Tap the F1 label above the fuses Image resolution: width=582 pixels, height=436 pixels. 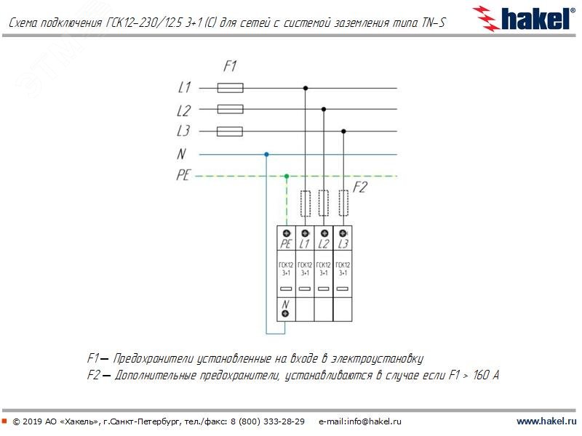point(229,67)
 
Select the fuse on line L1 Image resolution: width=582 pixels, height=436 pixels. point(231,88)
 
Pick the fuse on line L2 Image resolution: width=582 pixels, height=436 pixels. point(231,110)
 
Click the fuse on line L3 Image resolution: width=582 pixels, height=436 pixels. point(231,132)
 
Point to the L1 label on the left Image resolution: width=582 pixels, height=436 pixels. point(184,88)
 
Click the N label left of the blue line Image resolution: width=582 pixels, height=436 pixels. point(181,154)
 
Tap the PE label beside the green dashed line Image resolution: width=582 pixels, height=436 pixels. point(183,176)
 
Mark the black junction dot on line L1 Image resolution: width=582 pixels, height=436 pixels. point(305,88)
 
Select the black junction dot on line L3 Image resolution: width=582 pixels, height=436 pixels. point(343,132)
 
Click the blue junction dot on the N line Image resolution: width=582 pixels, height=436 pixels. point(267,154)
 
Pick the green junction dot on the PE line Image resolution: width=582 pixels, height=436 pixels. point(287,176)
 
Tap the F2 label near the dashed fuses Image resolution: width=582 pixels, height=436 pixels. point(360,188)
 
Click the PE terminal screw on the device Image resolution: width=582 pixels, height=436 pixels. point(285,233)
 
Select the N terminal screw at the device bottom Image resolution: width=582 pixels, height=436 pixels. point(285,313)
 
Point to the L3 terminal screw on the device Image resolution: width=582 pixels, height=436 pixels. point(343,233)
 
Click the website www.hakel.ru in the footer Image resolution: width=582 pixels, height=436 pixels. point(546,421)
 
